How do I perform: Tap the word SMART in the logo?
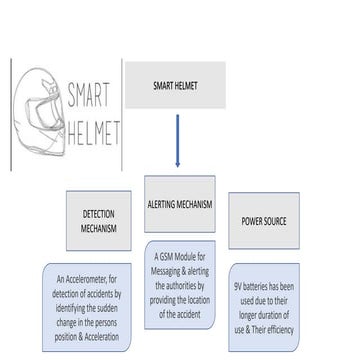(x=88, y=98)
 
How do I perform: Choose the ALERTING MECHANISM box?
(x=180, y=204)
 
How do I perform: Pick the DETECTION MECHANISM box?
(x=99, y=220)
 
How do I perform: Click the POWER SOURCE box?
(x=264, y=220)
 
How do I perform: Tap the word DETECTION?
(x=99, y=213)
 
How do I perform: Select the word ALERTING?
(x=165, y=204)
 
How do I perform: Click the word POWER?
(x=252, y=220)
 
